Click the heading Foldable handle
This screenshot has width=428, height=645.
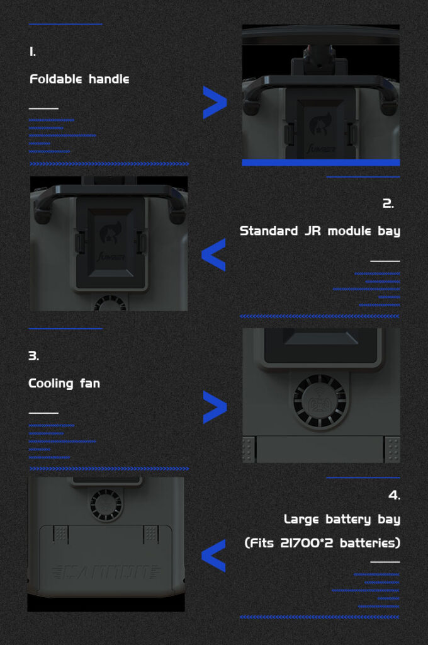[x=79, y=79]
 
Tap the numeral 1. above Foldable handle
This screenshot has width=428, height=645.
[x=33, y=52]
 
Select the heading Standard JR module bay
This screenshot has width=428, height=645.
[x=320, y=231]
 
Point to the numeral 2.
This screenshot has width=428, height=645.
[x=388, y=203]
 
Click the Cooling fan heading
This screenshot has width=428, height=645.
[x=64, y=384]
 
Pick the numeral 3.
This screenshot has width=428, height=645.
[x=34, y=356]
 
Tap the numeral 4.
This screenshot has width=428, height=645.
[x=394, y=495]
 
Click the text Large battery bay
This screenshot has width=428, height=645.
[x=342, y=519]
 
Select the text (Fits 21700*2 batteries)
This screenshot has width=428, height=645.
[x=322, y=543]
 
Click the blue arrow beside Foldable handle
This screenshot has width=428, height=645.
[x=215, y=103]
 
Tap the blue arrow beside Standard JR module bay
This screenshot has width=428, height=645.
[x=213, y=254]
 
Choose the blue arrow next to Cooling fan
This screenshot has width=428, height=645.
[x=215, y=408]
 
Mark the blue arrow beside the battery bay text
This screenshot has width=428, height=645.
[x=213, y=556]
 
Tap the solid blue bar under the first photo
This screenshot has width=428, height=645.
[x=321, y=163]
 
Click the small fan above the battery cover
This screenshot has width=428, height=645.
[x=106, y=505]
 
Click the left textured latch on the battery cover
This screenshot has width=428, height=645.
[x=61, y=534]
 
